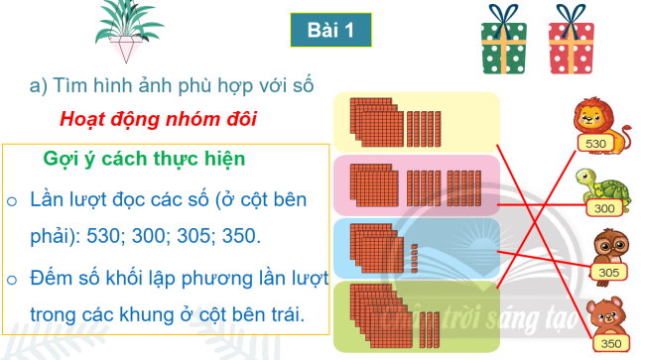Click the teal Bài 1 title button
[x=330, y=32]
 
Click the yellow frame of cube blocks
[x=416, y=121]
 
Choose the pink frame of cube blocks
[x=416, y=184]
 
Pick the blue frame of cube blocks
[x=416, y=248]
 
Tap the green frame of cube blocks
[x=416, y=316]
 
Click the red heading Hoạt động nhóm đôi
[x=158, y=120]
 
